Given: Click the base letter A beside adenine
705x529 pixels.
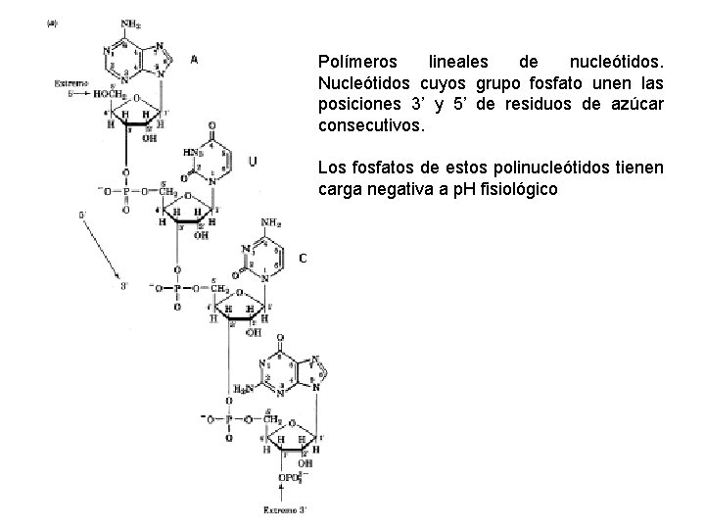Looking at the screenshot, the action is pos(193,59).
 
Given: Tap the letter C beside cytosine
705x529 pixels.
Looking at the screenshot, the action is pos(303,258).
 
